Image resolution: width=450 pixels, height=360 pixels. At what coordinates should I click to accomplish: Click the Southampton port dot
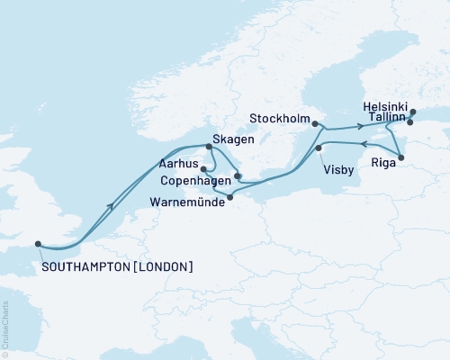[37, 242]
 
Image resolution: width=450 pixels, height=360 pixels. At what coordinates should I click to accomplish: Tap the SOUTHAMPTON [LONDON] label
[116, 267]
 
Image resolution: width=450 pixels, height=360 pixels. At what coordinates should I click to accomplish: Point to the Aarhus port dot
[203, 168]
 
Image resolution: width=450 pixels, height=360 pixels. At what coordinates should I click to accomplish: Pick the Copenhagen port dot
[238, 176]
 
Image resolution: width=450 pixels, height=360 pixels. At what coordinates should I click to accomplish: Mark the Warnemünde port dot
[230, 197]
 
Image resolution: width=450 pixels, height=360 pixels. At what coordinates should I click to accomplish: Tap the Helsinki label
[385, 105]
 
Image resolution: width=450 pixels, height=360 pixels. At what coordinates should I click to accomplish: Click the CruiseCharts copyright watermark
[5, 329]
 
